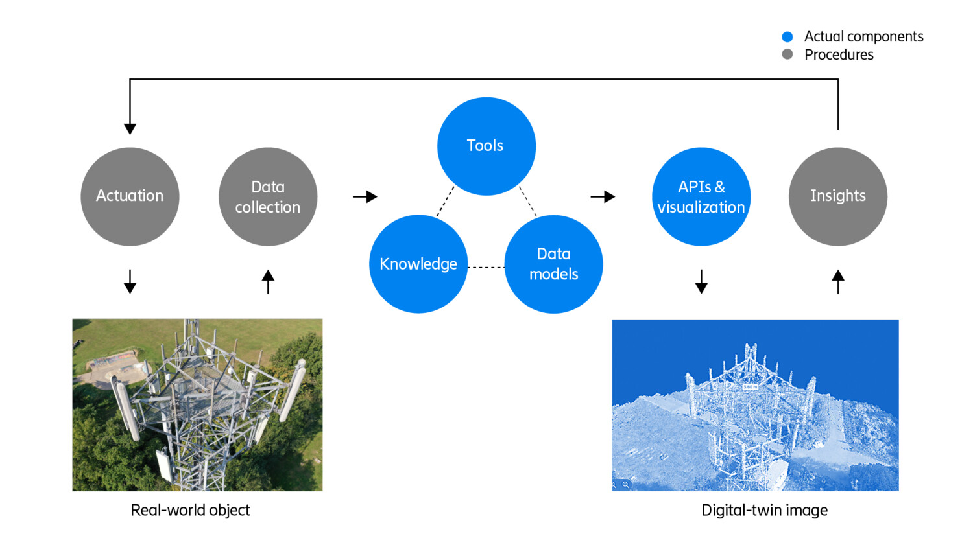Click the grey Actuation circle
130,196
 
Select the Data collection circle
268,196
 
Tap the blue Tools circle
486,146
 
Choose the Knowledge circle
418,264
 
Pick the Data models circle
553,264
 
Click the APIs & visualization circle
701,196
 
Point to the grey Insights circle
837,196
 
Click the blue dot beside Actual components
787,37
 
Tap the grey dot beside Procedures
787,54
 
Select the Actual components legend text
863,37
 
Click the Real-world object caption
190,510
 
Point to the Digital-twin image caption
764,510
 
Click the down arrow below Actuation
130,282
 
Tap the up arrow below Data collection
268,281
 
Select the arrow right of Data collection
365,196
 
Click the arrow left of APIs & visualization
603,196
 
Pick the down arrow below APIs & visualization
701,282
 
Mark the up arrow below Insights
838,281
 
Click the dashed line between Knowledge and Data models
486,267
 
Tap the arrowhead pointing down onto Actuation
130,128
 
